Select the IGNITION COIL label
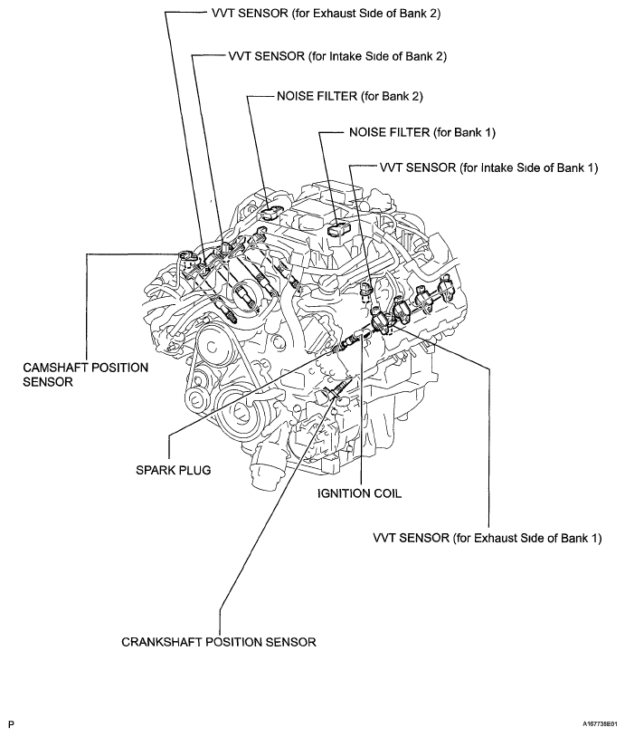[x=359, y=495]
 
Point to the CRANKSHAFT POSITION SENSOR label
[x=218, y=642]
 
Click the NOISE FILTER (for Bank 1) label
[x=421, y=132]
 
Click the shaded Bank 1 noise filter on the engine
[x=336, y=231]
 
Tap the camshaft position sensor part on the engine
[x=188, y=258]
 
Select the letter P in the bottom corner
[x=11, y=725]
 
